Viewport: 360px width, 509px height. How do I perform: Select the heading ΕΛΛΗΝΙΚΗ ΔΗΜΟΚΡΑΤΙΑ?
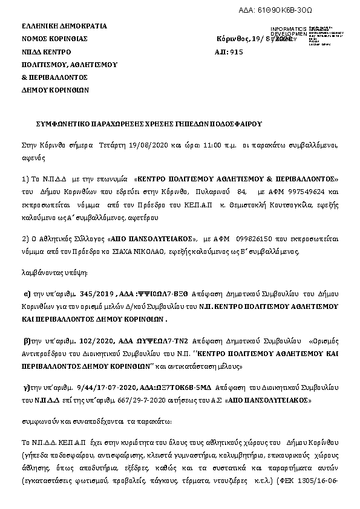[64, 27]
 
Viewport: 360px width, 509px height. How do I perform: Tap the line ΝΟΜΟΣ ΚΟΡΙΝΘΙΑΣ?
[55, 39]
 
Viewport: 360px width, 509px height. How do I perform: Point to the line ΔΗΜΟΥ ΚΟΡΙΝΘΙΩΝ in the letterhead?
[55, 89]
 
